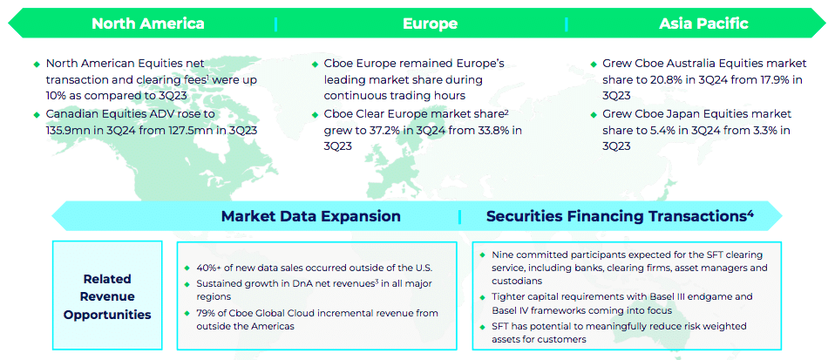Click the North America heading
click(x=147, y=24)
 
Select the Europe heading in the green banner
click(x=430, y=24)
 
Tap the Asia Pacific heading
click(x=703, y=24)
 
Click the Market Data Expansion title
click(x=311, y=215)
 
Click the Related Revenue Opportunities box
click(x=107, y=295)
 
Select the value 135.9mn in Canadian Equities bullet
click(x=70, y=128)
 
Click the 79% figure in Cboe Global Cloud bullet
click(x=206, y=313)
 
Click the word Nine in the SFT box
click(x=501, y=255)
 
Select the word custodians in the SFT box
click(x=514, y=281)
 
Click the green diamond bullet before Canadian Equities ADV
click(x=37, y=114)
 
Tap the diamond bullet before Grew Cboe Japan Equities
click(x=594, y=114)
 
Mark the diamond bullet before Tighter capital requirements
click(x=483, y=297)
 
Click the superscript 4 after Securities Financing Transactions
click(x=750, y=212)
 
